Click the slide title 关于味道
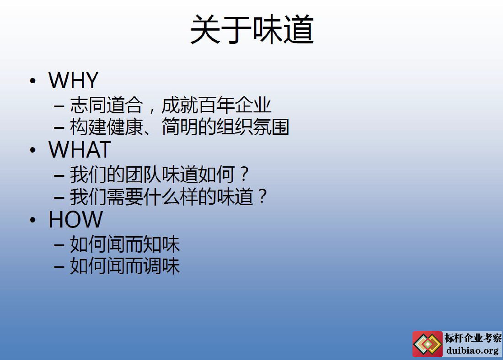pyautogui.click(x=252, y=29)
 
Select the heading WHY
pyautogui.click(x=73, y=80)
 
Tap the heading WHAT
pyautogui.click(x=80, y=150)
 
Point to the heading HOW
pyautogui.click(x=76, y=220)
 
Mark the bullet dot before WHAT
pyautogui.click(x=33, y=150)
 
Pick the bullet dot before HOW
pyautogui.click(x=33, y=220)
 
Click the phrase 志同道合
pyautogui.click(x=106, y=105)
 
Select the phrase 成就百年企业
pyautogui.click(x=216, y=105)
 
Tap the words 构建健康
pyautogui.click(x=106, y=127)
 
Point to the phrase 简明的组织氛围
pyautogui.click(x=225, y=127)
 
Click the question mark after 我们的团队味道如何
pyautogui.click(x=245, y=174)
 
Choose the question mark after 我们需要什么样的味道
pyautogui.click(x=263, y=196)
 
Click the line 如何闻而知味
pyautogui.click(x=125, y=244)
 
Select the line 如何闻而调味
pyautogui.click(x=125, y=266)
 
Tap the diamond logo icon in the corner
pyautogui.click(x=428, y=344)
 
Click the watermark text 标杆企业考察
pyautogui.click(x=473, y=338)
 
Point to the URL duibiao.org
pyautogui.click(x=472, y=351)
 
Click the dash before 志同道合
pyautogui.click(x=59, y=106)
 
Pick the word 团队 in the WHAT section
pyautogui.click(x=143, y=175)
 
